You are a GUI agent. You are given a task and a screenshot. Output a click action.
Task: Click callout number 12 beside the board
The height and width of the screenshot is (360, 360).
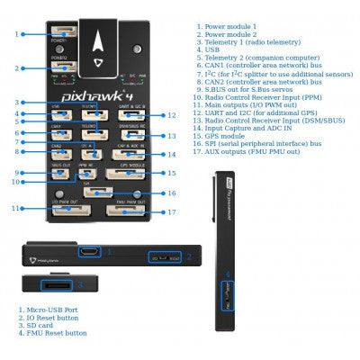point(173,115)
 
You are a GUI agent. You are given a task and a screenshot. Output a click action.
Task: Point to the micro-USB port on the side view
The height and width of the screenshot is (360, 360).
point(90,251)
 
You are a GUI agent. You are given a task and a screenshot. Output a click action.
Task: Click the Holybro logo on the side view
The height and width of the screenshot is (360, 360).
point(40,258)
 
